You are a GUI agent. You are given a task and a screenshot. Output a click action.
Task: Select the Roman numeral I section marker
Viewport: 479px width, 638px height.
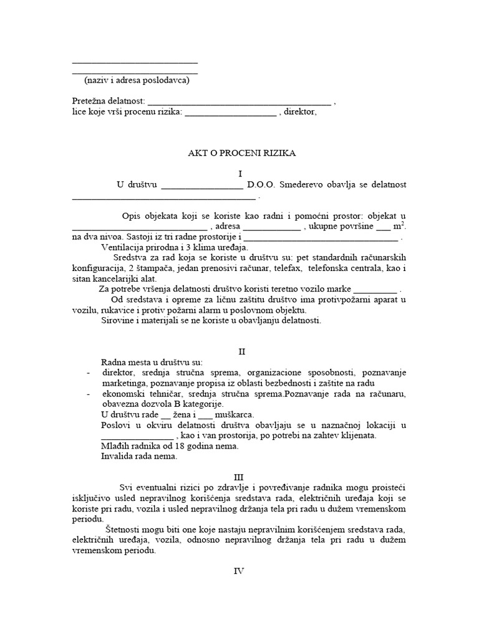click(x=239, y=174)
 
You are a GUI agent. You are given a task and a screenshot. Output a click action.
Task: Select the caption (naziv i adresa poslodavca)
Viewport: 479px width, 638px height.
click(x=137, y=80)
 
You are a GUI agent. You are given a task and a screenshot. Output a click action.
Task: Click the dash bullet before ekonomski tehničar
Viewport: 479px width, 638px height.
click(x=88, y=395)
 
